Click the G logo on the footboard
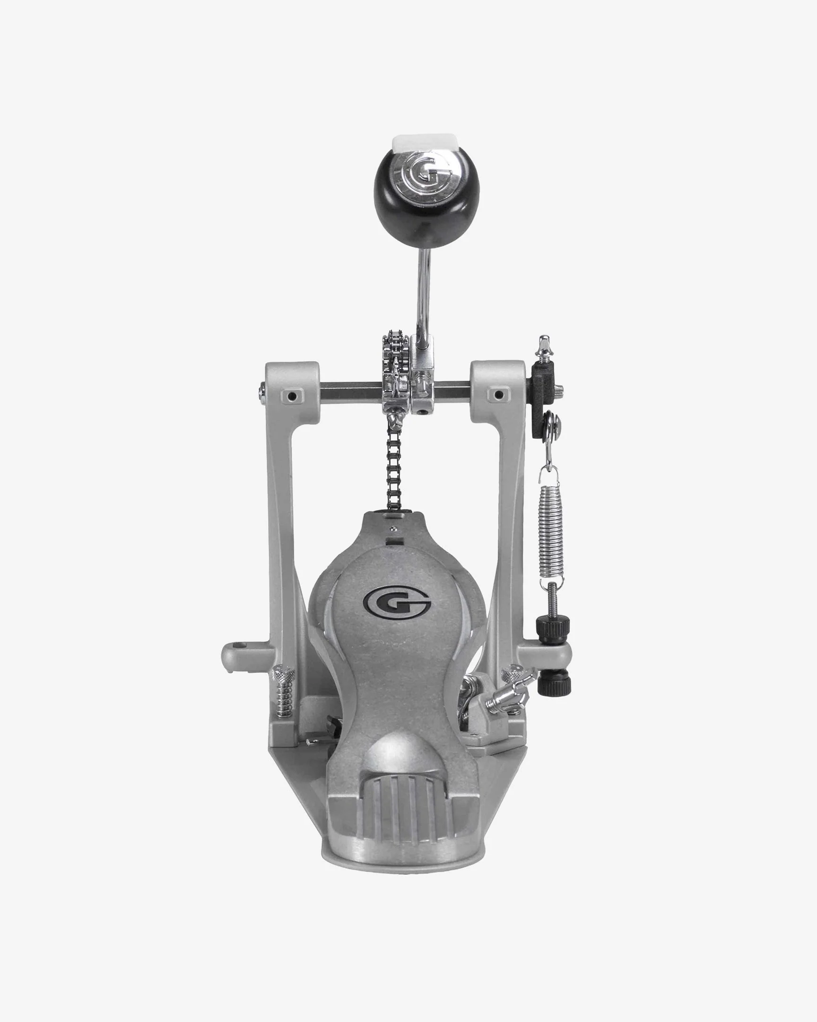[x=397, y=606]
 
